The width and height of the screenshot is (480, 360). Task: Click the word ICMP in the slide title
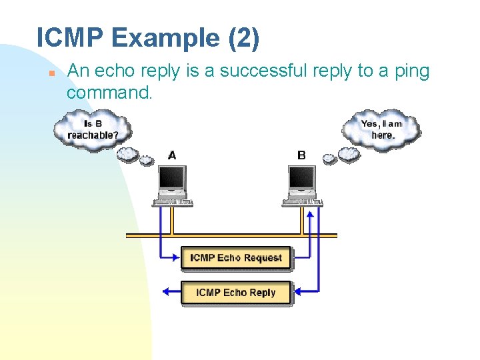70,38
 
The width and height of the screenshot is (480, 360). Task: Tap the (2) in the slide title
243,38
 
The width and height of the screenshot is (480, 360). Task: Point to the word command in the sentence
109,93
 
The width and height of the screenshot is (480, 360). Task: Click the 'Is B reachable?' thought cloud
93,129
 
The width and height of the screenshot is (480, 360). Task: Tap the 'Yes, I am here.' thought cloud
382,129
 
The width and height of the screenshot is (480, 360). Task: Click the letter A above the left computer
172,155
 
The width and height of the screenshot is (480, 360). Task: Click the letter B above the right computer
301,155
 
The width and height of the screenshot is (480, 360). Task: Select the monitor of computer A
172,179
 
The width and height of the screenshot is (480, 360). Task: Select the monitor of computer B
301,179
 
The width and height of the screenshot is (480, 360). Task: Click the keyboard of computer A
173,201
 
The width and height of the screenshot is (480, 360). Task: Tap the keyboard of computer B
303,201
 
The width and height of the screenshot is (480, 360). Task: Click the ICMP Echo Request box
236,258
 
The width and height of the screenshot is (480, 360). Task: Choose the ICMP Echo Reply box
236,293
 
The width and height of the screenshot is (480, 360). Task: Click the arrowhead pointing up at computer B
308,213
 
